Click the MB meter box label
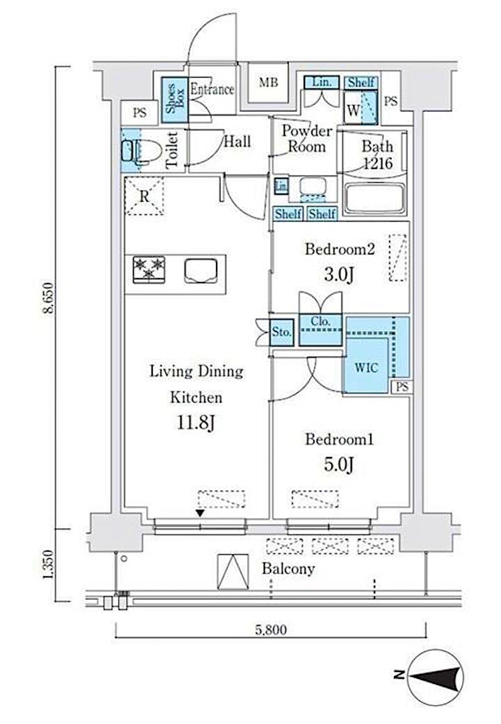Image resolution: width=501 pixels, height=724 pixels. click(268, 83)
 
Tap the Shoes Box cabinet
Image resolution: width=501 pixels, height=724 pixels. click(175, 100)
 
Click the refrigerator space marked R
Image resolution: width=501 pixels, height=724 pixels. click(145, 196)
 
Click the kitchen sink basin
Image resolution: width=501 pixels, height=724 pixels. click(201, 271)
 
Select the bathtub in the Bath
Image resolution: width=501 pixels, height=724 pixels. click(374, 199)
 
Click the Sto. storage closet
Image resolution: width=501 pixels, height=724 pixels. click(282, 332)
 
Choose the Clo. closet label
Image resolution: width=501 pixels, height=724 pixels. click(320, 321)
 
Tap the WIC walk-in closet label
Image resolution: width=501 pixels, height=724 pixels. click(366, 368)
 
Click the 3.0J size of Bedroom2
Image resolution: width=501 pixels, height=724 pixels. click(338, 275)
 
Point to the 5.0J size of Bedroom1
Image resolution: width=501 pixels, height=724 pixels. click(338, 465)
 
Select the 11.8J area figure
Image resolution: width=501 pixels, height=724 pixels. click(196, 423)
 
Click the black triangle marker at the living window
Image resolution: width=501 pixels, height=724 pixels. click(200, 513)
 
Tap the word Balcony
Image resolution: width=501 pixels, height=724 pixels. click(288, 569)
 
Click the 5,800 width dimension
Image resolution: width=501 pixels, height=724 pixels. click(271, 630)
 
